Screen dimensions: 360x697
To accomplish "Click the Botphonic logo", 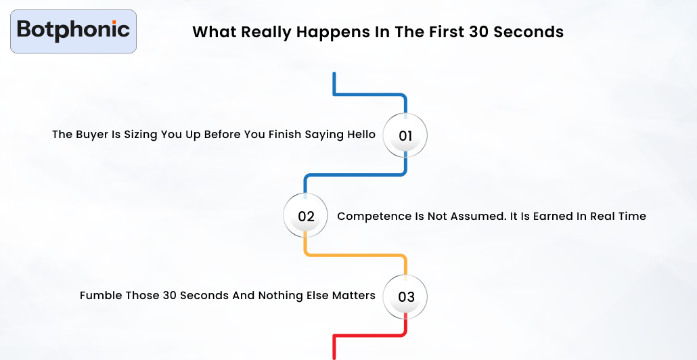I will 73,30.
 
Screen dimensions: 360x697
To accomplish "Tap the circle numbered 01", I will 405,135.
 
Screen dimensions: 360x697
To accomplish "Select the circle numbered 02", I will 306,217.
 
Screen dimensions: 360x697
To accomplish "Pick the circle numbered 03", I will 405,296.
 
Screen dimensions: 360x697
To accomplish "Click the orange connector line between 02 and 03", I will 355,255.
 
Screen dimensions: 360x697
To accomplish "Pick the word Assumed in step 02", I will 457,217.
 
